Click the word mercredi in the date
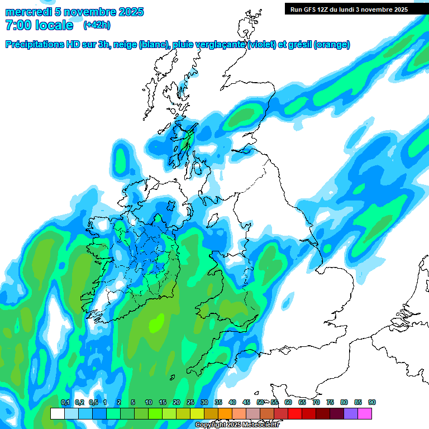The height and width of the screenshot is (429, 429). (25, 12)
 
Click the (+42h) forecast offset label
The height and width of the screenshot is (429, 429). (96, 25)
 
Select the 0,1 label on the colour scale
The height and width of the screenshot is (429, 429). (65, 403)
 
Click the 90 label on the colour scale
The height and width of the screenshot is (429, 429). (372, 403)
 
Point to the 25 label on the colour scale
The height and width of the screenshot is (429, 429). (190, 403)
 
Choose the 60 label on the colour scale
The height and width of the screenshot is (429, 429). (288, 403)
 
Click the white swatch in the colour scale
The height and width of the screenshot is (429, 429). (57, 413)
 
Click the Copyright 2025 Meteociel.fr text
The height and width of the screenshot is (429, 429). (237, 425)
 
